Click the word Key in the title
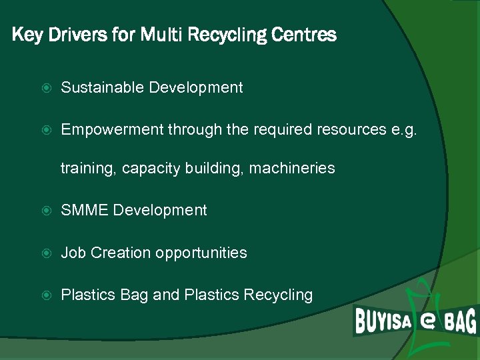27,35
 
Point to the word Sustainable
102,87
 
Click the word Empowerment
111,129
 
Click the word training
87,169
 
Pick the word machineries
292,169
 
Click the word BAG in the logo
460,323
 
